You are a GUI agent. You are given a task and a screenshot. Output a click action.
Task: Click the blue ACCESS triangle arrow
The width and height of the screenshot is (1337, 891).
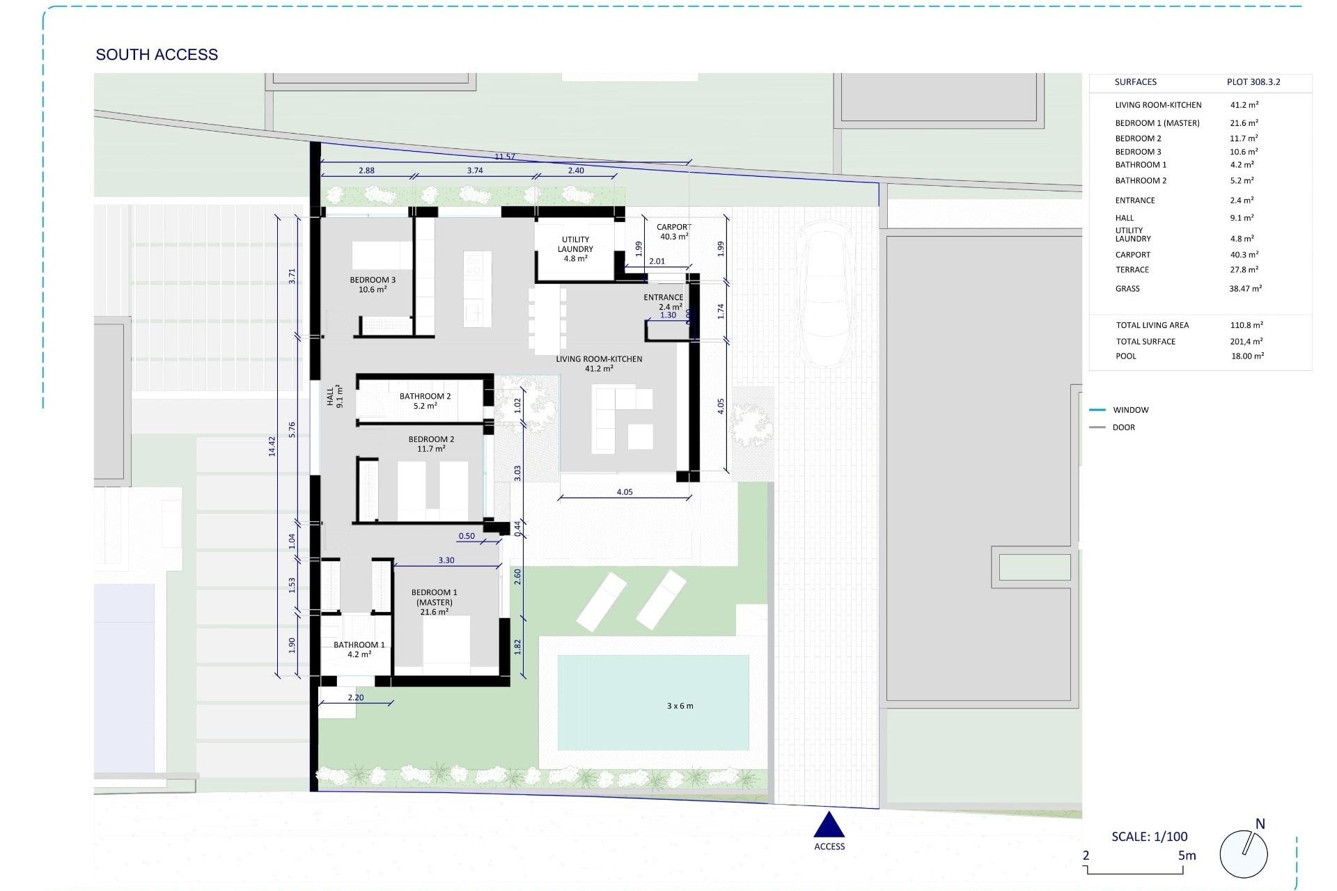pos(829,826)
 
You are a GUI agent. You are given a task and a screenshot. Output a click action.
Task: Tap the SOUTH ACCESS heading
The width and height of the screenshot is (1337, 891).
pos(157,54)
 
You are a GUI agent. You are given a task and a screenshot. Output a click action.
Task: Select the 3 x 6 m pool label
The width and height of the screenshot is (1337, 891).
pos(680,706)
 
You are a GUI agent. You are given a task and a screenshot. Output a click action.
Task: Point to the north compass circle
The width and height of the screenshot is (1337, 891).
pos(1244,853)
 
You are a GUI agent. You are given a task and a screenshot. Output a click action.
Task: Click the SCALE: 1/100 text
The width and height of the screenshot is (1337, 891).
pos(1149,836)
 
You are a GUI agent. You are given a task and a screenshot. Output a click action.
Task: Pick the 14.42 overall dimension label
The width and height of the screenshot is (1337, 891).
pos(272,446)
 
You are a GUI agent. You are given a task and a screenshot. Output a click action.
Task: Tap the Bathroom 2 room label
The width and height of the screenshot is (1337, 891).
pos(425,401)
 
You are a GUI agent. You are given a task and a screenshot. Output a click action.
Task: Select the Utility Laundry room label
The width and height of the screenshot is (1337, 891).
pos(575,249)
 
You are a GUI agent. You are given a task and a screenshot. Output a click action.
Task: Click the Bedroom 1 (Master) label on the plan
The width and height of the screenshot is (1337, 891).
pos(434,602)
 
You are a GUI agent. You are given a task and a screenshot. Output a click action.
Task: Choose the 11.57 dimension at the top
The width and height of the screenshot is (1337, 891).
pos(505,157)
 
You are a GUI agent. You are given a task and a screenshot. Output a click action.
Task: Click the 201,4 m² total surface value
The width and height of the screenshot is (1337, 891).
pos(1246,341)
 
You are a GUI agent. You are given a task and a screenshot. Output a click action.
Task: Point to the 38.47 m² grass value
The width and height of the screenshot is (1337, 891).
pos(1245,288)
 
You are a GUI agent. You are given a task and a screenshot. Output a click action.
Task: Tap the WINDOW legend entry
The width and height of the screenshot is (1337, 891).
pos(1130,410)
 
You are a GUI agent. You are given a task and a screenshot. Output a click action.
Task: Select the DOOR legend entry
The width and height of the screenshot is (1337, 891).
pos(1123,427)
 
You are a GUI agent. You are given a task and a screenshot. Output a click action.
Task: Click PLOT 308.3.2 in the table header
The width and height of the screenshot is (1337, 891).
pos(1253,82)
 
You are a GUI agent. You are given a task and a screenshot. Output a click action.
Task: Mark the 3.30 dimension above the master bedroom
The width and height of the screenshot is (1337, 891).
pos(446,560)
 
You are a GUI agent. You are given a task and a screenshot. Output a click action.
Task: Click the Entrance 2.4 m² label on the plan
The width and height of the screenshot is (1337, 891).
pos(663,302)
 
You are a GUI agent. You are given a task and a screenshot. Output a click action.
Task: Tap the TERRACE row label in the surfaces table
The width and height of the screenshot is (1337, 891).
pos(1132,270)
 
